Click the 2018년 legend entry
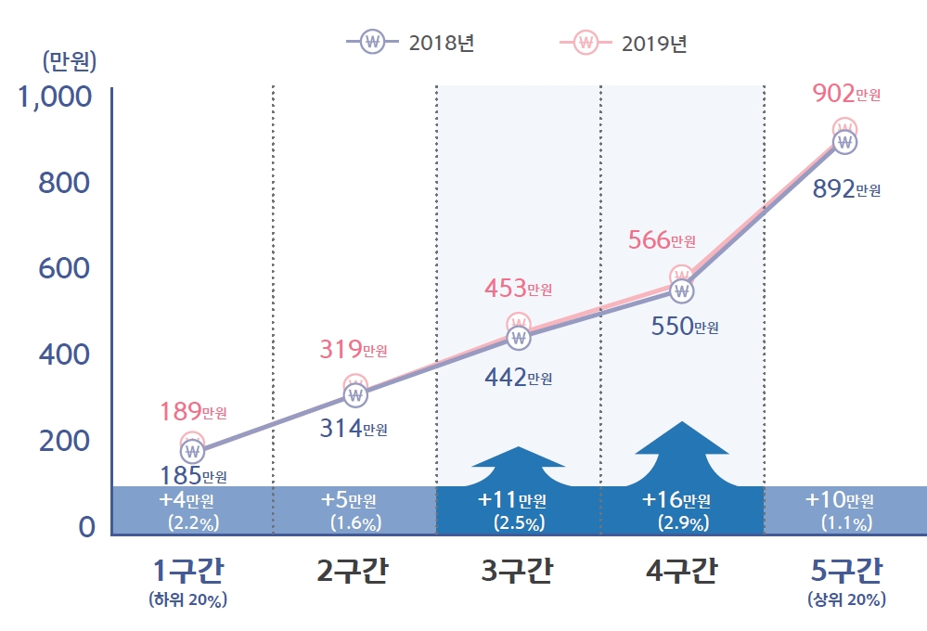click(410, 43)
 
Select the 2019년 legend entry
click(624, 43)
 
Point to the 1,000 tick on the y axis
click(55, 97)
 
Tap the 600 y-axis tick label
click(64, 268)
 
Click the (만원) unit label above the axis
click(70, 61)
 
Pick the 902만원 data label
click(846, 94)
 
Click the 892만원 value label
click(846, 189)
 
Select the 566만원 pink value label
click(662, 240)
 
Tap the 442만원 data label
click(519, 378)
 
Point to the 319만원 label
click(354, 350)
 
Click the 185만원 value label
click(193, 476)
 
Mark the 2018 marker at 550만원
click(682, 291)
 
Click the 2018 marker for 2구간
click(355, 395)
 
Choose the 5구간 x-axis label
click(846, 571)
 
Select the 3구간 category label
click(518, 571)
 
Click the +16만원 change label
click(676, 500)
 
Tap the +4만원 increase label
click(187, 500)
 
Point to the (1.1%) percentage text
click(846, 523)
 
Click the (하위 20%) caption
click(188, 599)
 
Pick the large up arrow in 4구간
click(682, 453)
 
